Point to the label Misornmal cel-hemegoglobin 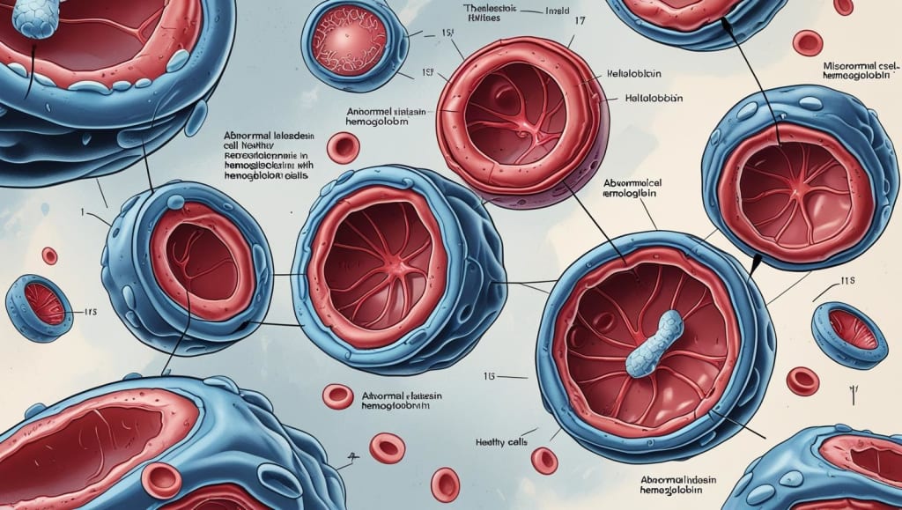(x=858, y=72)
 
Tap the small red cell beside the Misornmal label (x=807, y=42)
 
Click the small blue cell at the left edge (x=40, y=307)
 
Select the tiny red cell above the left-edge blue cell (x=49, y=255)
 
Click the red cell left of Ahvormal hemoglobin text (x=337, y=396)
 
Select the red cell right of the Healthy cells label (x=544, y=460)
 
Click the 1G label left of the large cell (x=490, y=377)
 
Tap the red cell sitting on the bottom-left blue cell (x=161, y=479)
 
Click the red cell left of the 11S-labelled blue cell (x=802, y=380)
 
